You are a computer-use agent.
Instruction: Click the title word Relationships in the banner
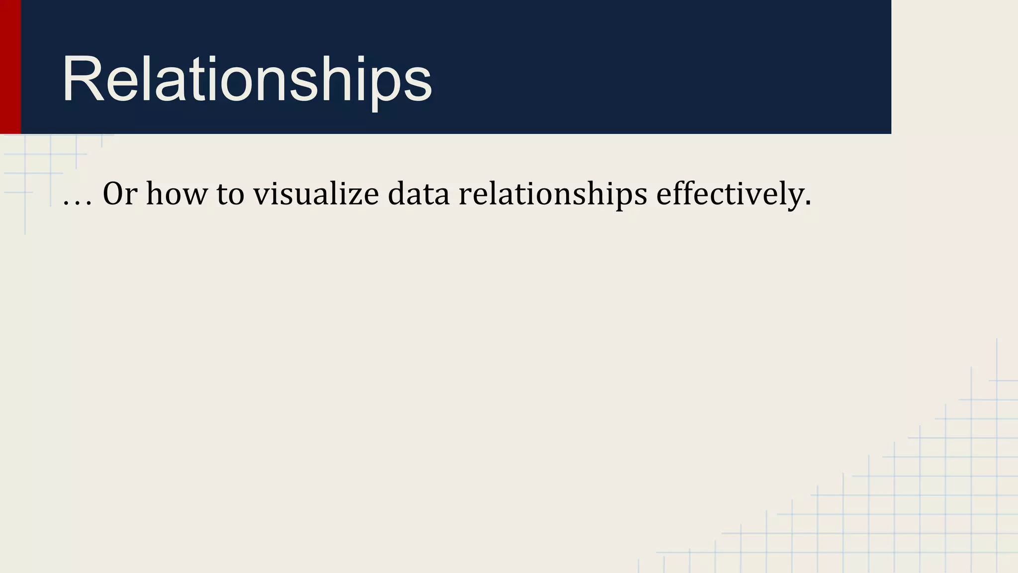point(247,80)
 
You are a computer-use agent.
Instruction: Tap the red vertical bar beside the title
point(10,67)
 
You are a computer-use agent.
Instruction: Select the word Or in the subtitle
point(120,193)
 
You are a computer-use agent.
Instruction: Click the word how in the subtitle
point(176,193)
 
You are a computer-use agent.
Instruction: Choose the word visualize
point(316,193)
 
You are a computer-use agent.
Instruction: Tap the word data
point(419,193)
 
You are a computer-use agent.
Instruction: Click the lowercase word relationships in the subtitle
point(553,193)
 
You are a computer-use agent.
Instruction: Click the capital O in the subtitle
point(113,193)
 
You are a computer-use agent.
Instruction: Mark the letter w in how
point(196,195)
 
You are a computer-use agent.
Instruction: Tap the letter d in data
point(396,193)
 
